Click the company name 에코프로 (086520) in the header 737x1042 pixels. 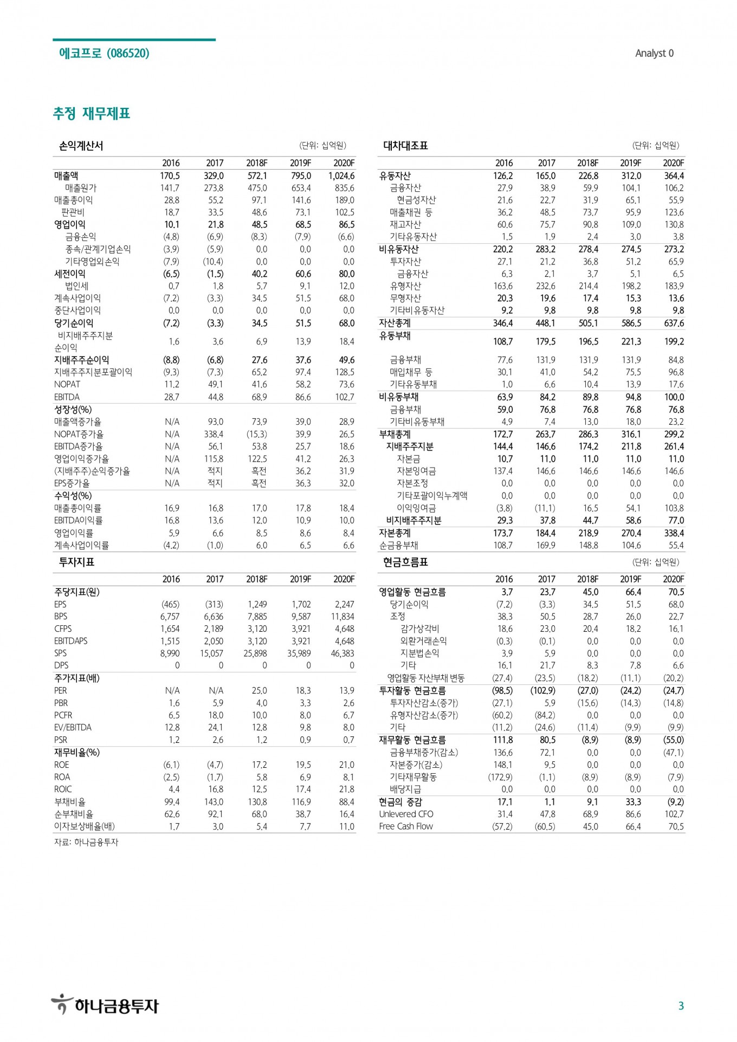(x=104, y=53)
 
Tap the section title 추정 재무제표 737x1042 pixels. (x=92, y=113)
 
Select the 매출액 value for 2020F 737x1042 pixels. (x=341, y=176)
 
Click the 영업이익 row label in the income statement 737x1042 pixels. (x=70, y=224)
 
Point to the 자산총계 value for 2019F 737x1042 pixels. (x=631, y=323)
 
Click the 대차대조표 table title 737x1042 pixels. (x=405, y=146)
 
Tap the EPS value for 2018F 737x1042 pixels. (x=257, y=604)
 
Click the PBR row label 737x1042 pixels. (x=61, y=703)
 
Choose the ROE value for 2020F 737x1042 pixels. (x=346, y=765)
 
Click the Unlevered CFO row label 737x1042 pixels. (x=406, y=814)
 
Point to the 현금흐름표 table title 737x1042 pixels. (x=405, y=562)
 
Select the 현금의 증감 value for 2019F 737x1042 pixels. (x=633, y=802)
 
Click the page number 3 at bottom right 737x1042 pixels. (x=681, y=1006)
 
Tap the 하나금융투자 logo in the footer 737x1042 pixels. (x=105, y=1005)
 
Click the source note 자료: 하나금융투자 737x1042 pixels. (x=86, y=842)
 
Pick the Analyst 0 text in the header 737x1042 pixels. (x=654, y=53)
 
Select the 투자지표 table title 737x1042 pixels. (x=76, y=562)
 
